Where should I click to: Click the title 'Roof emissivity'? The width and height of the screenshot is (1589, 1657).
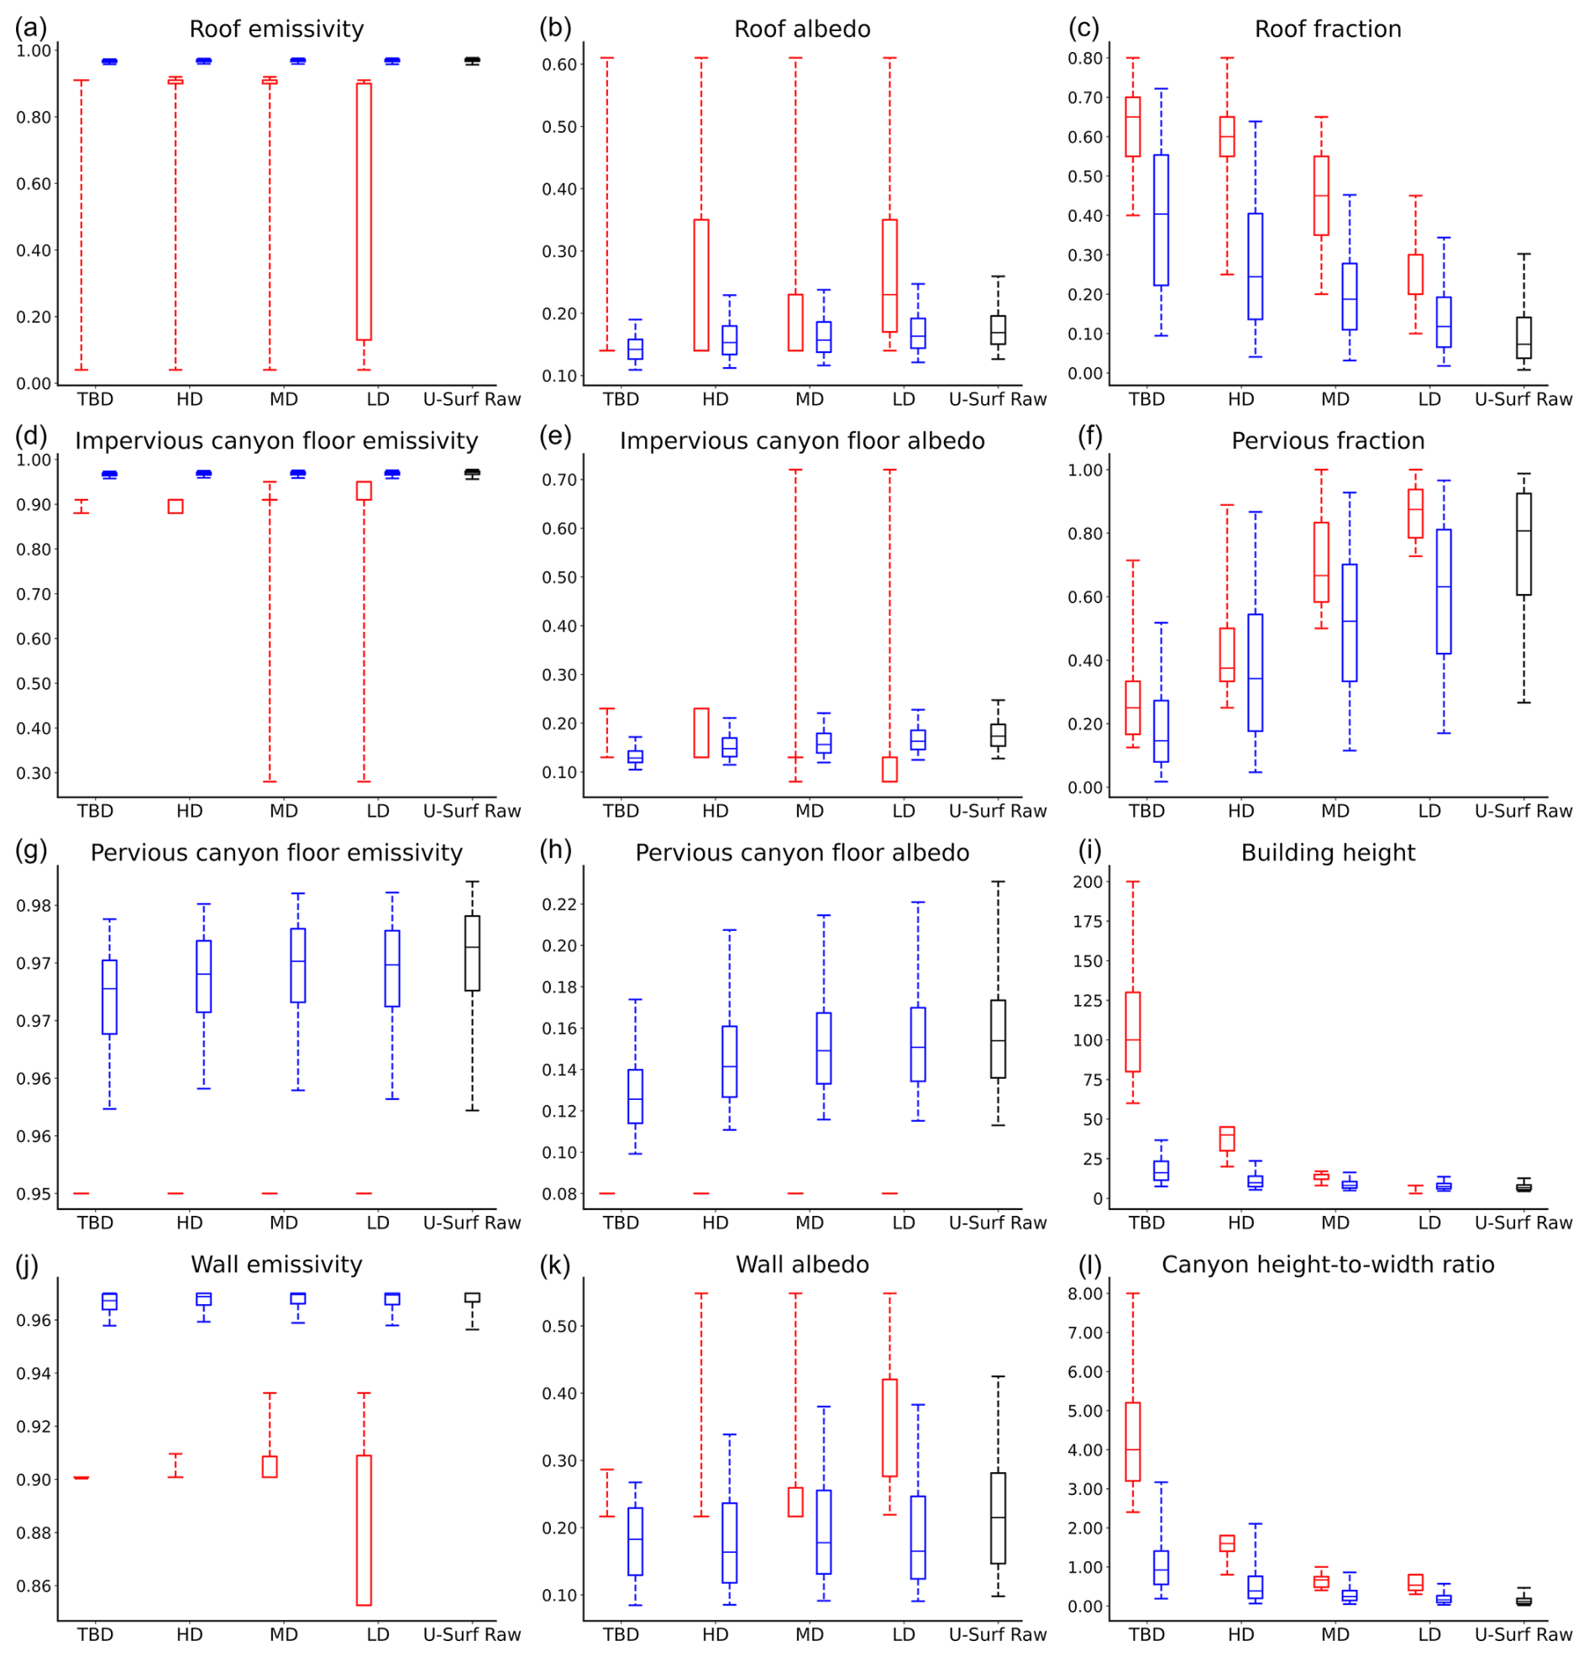[x=276, y=29]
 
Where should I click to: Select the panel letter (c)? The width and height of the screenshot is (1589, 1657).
[x=1083, y=28]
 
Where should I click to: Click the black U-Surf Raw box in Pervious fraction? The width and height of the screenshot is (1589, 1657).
[x=1523, y=544]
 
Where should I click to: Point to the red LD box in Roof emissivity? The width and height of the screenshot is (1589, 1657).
[x=364, y=212]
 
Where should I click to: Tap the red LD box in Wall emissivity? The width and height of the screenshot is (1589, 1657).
[x=364, y=1530]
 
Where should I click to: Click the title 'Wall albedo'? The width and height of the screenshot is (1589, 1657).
[x=801, y=1265]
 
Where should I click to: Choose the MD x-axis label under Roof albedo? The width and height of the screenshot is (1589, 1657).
[x=809, y=399]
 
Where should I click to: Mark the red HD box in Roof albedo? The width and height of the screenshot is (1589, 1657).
[x=700, y=285]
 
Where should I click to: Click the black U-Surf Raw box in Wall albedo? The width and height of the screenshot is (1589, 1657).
[x=998, y=1518]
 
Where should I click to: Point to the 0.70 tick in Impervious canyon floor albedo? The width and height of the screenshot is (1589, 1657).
[x=559, y=480]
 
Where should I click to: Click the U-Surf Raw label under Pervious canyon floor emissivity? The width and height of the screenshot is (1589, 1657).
[x=472, y=1223]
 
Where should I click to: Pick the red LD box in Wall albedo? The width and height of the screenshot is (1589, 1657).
[x=889, y=1428]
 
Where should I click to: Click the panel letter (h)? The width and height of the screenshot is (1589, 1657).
[x=554, y=850]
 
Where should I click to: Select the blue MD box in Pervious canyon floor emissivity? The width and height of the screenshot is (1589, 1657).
[x=297, y=965]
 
